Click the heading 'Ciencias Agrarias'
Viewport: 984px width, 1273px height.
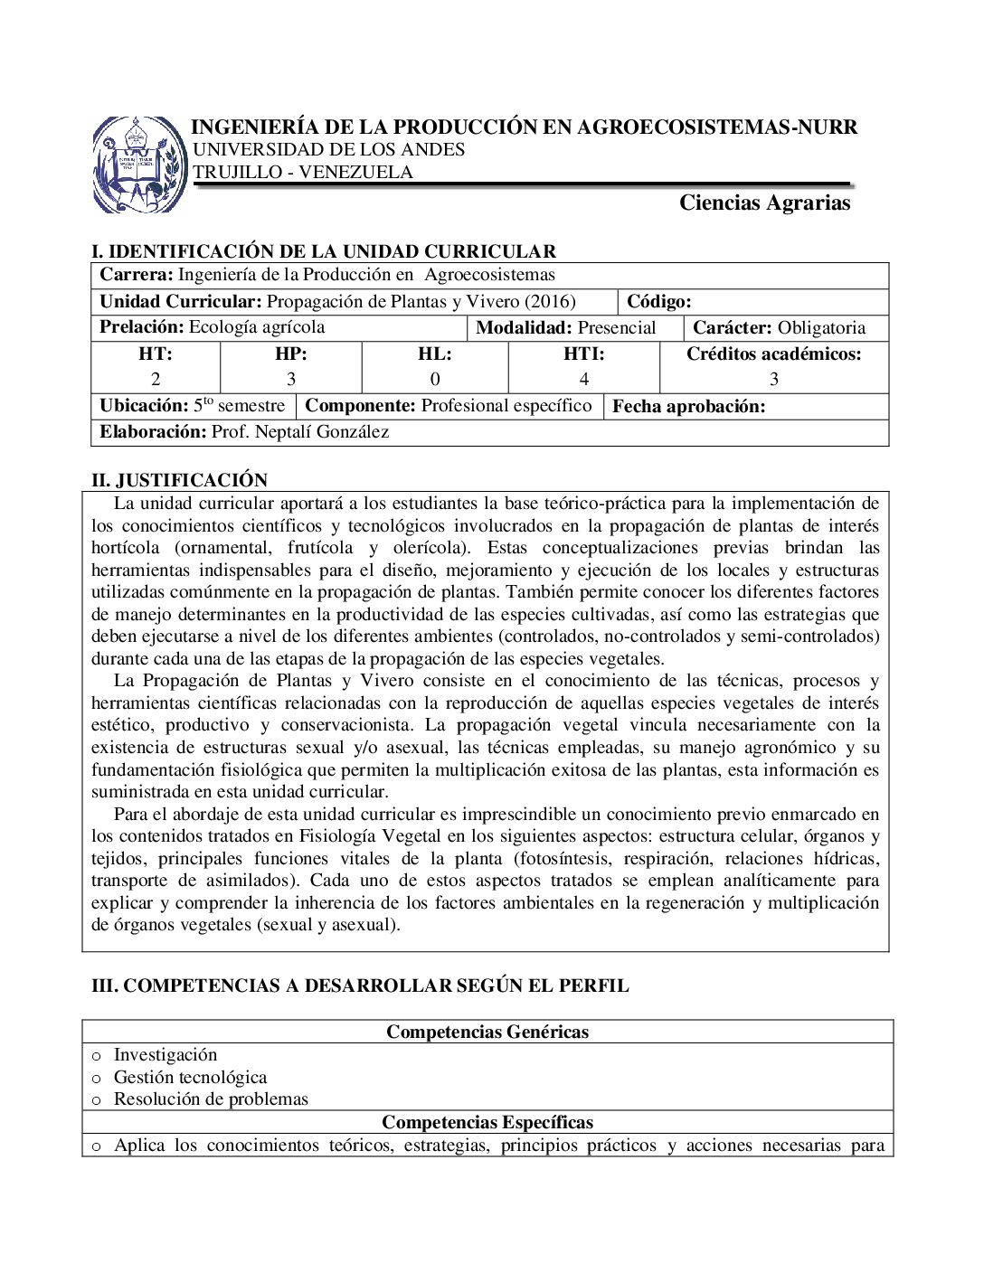click(764, 203)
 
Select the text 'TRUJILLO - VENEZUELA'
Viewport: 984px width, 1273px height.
click(303, 173)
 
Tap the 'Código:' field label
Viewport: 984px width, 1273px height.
click(658, 302)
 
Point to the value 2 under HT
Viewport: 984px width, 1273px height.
click(156, 380)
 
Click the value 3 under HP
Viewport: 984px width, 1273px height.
click(290, 380)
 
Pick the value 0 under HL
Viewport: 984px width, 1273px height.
click(435, 380)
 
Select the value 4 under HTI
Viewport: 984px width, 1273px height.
click(584, 380)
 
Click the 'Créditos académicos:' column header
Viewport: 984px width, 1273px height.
click(773, 354)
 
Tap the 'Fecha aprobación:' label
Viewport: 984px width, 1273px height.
click(688, 407)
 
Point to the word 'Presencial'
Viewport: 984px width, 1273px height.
click(616, 328)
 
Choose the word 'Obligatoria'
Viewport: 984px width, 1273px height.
click(821, 328)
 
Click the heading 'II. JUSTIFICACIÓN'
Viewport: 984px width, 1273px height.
click(180, 480)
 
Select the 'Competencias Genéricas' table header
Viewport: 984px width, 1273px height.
click(487, 1032)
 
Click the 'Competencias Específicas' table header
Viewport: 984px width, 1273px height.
click(487, 1122)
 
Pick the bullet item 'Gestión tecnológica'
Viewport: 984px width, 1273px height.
click(190, 1077)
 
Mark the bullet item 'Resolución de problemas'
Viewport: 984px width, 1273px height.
click(211, 1099)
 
